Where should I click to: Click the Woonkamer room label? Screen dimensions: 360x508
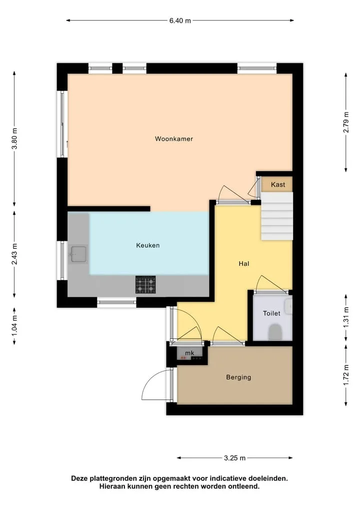(174, 139)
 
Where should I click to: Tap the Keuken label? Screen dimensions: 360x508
(148, 245)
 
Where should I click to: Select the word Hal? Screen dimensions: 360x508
(244, 264)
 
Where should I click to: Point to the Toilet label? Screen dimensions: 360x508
(271, 313)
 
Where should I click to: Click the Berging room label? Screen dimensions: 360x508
(238, 378)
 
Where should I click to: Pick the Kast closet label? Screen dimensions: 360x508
(278, 185)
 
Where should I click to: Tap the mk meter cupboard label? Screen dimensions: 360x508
(189, 353)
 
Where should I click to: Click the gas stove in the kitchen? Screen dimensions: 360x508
(145, 285)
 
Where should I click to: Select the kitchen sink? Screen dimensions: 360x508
(78, 254)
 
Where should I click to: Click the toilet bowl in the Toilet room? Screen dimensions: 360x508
(275, 332)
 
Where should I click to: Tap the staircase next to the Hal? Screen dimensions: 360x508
(277, 216)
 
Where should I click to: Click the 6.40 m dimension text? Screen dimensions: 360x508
(180, 21)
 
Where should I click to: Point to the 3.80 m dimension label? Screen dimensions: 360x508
(14, 139)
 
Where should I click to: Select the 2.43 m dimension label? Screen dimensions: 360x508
(14, 254)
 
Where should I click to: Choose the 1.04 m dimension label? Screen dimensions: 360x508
(14, 326)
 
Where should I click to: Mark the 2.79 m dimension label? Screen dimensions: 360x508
(346, 122)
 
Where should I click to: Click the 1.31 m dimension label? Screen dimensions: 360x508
(346, 317)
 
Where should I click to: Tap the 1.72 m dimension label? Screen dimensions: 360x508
(346, 375)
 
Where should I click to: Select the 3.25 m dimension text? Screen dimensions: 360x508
(235, 458)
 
